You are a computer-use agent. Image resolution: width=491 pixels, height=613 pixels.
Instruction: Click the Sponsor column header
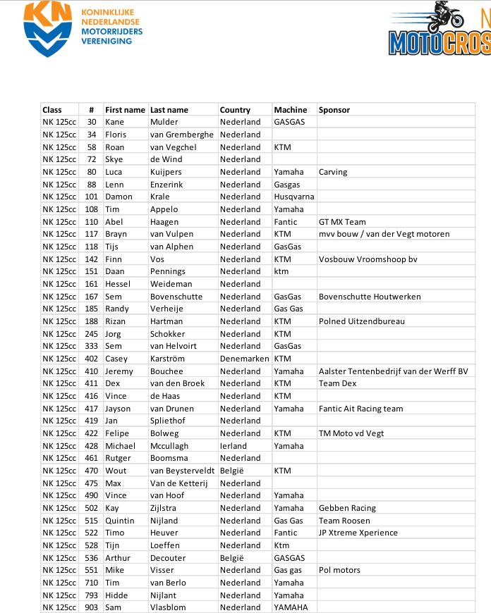(334, 110)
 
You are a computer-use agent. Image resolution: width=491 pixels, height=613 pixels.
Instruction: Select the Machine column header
(291, 110)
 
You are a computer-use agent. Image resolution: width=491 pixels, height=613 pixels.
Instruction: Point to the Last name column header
(169, 110)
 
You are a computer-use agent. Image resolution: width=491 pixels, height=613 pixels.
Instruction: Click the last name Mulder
(164, 122)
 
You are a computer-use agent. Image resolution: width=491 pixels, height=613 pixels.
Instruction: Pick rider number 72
(92, 159)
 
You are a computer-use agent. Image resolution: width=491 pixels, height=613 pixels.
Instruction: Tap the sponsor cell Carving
(333, 172)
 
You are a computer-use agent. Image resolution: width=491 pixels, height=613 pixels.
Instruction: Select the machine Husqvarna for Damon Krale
(294, 197)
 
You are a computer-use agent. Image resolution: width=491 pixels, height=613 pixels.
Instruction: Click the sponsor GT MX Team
(342, 222)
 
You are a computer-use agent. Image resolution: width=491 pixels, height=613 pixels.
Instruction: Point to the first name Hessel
(119, 284)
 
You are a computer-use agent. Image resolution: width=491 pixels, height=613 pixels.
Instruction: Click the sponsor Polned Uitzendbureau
(362, 321)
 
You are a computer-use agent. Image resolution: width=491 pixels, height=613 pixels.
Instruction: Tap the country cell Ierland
(234, 446)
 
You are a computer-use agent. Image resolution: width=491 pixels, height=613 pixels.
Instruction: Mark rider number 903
(92, 607)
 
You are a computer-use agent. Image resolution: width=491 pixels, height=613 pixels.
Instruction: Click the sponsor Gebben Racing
(347, 508)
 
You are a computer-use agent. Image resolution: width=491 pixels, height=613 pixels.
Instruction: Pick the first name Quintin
(120, 521)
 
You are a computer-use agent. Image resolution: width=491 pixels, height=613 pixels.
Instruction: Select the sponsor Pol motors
(339, 570)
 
